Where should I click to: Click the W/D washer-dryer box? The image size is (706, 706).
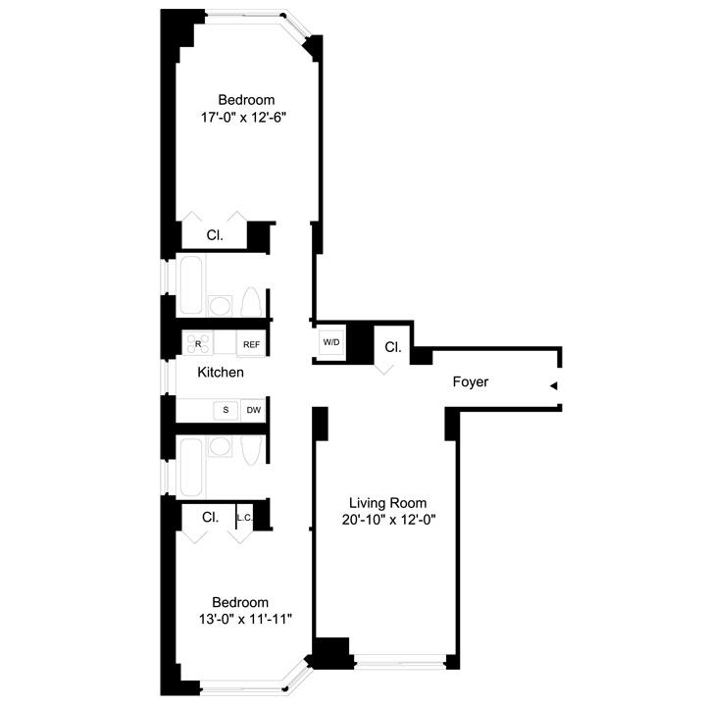tap(331, 342)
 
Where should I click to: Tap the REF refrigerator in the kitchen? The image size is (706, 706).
tap(251, 344)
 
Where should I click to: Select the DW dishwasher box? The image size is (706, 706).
tap(254, 410)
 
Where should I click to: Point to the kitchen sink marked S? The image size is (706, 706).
tap(226, 410)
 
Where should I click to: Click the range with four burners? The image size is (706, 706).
tap(197, 343)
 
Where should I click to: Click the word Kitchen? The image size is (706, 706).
tap(221, 373)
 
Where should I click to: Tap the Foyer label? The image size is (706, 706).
tap(471, 381)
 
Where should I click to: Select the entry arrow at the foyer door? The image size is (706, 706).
tap(554, 386)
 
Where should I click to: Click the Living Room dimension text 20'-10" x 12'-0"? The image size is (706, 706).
tap(388, 520)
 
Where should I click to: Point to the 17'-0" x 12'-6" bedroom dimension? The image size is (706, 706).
tap(243, 118)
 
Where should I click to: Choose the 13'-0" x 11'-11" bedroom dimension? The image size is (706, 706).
tap(245, 620)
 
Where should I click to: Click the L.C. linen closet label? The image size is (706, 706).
tap(245, 518)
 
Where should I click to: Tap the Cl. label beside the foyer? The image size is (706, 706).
tap(393, 347)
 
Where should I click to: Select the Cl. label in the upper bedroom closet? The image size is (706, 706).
tap(215, 235)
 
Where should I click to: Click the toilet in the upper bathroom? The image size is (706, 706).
tap(251, 302)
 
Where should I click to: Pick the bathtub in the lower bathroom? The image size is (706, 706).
tap(191, 467)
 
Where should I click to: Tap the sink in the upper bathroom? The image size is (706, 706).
tap(221, 306)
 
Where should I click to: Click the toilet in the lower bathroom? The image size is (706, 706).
tap(251, 450)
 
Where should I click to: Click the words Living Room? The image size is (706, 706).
tap(388, 503)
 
